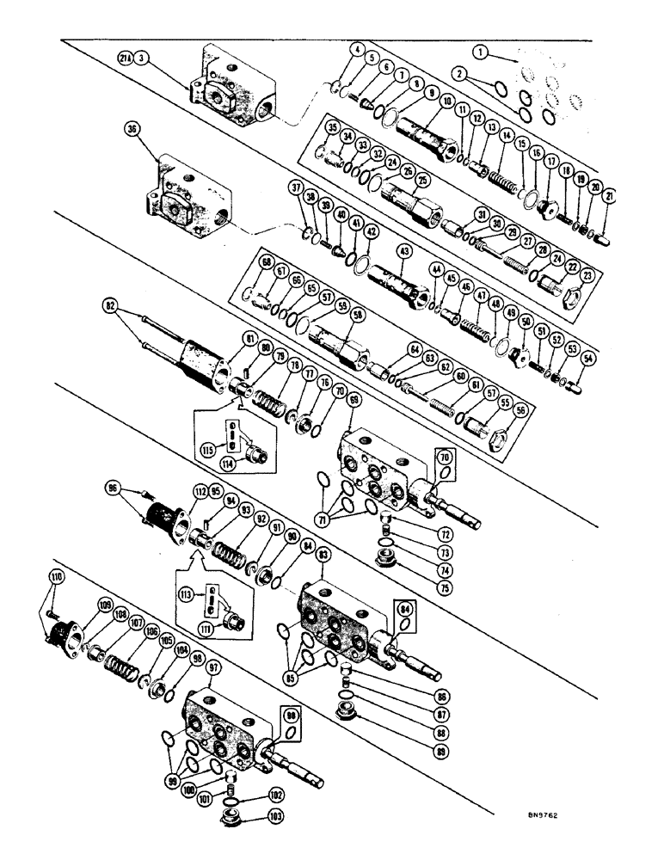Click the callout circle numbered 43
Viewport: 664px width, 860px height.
402,251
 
